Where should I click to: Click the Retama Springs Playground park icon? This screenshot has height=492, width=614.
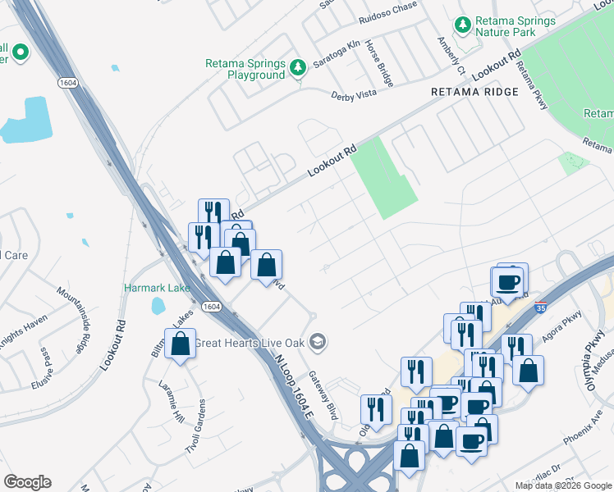[x=299, y=66]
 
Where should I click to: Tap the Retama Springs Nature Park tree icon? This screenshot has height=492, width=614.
[x=463, y=25]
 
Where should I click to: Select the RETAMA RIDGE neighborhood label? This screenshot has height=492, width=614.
[x=475, y=92]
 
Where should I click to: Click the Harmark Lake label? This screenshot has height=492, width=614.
[x=157, y=288]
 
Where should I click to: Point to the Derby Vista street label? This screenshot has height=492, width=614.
[x=353, y=96]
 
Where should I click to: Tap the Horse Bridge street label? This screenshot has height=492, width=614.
[x=379, y=63]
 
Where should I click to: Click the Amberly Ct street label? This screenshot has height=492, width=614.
[x=451, y=54]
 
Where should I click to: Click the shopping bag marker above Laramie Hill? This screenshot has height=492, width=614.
[x=180, y=344]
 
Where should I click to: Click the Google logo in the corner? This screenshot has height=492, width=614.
[x=27, y=482]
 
